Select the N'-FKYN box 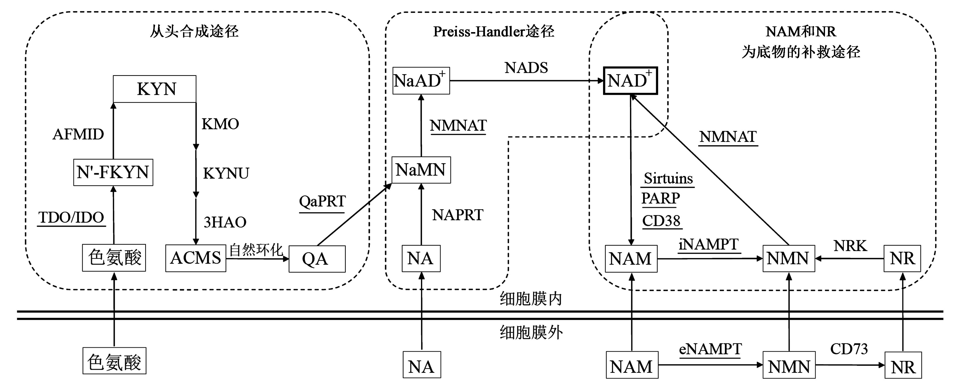point(113,172)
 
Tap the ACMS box point(196,258)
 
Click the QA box point(317,259)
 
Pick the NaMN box point(421,170)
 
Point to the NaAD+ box point(421,81)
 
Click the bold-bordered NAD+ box point(630,81)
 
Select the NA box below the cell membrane point(421,365)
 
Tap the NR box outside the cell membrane point(903,365)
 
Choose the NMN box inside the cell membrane point(788,259)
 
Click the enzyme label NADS point(526,68)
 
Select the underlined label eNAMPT point(710,349)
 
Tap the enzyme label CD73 point(849,349)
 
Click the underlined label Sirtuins point(668,178)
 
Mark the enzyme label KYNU point(226,173)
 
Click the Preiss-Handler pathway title point(493,32)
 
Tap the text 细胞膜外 point(531,332)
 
